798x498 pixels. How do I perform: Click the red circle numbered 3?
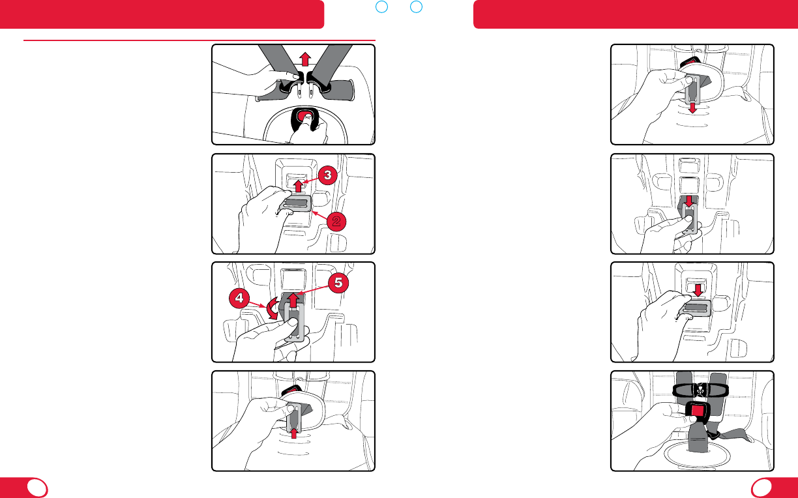327,175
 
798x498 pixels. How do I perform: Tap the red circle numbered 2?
336,221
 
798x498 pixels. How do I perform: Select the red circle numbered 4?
239,298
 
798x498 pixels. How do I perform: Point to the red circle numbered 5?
338,283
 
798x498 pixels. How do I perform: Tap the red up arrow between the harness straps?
304,59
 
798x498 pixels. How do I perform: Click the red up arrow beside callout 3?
298,186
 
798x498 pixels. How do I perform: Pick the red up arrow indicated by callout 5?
293,300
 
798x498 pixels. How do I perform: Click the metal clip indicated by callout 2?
296,204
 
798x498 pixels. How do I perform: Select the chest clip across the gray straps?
700,390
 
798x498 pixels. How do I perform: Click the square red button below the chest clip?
698,411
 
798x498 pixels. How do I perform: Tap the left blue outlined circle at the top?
381,7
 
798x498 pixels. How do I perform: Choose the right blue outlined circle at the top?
416,7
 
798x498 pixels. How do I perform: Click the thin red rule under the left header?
199,40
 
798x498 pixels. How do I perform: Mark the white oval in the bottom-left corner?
37,488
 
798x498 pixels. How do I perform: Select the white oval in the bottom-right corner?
761,488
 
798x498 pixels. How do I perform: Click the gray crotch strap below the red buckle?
698,438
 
